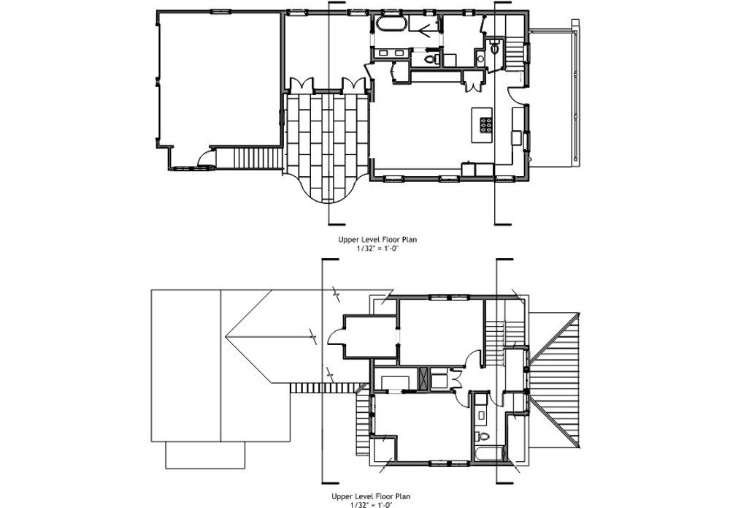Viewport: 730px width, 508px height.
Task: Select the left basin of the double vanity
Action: click(x=385, y=53)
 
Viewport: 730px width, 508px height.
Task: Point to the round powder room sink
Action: click(x=480, y=58)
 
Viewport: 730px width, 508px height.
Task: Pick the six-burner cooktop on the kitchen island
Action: click(x=485, y=124)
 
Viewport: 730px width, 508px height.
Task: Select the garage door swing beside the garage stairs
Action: click(x=207, y=159)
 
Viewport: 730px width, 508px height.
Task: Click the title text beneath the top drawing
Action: click(x=377, y=240)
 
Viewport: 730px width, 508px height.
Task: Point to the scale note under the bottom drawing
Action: click(x=371, y=504)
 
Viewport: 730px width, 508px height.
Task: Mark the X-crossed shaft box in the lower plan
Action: click(x=423, y=379)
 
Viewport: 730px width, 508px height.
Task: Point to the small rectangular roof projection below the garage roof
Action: click(x=205, y=455)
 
